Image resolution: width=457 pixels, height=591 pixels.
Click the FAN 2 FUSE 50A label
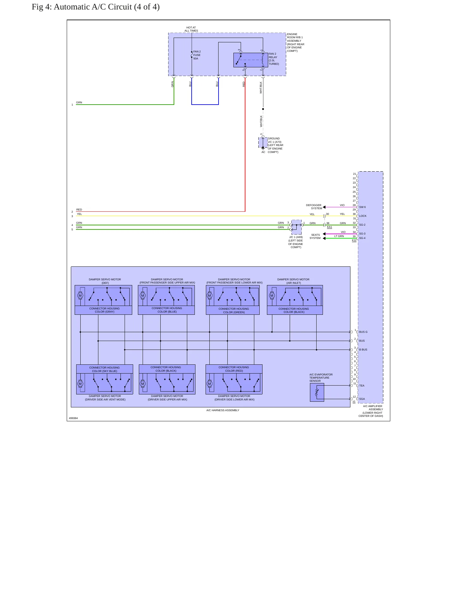pos(197,55)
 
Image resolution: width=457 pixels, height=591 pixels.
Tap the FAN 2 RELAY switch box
pos(251,60)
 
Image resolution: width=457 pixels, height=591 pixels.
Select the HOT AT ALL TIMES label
pos(191,29)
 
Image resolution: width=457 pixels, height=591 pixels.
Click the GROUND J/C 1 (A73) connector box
pos(263,143)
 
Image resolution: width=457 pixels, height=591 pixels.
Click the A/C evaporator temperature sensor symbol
pos(317,393)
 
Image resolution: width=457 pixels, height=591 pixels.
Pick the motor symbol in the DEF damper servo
pos(80,296)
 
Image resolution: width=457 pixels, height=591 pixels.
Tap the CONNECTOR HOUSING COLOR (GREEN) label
pos(234,310)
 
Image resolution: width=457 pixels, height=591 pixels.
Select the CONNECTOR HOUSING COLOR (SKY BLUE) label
pos(104,369)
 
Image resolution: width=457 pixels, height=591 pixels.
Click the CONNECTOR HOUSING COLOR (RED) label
pos(234,369)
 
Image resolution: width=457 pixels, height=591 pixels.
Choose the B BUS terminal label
pos(363,350)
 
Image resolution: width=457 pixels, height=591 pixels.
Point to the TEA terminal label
pos(361,386)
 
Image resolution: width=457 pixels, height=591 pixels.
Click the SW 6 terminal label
pos(362,207)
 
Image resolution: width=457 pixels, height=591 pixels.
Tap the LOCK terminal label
pos(363,216)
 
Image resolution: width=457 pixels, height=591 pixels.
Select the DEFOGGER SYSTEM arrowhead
pos(324,207)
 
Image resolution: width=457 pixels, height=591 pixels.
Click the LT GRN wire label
pos(339,236)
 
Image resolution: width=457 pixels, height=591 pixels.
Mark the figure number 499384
pos(73,418)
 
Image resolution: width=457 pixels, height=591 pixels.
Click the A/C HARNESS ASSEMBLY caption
pos(223,410)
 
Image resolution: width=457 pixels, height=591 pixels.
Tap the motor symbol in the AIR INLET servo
pos(272,296)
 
